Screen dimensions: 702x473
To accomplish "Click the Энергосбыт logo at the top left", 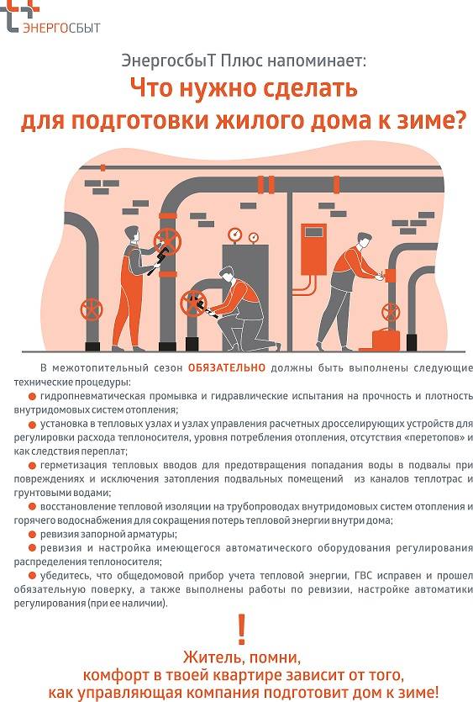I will coord(52,19).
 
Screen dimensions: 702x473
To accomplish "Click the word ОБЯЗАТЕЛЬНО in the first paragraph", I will coord(226,367).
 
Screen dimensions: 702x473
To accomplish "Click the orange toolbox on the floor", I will coord(388,339).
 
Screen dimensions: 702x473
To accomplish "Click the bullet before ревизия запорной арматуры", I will coord(32,535).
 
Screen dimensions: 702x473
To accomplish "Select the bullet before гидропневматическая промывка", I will coord(32,394).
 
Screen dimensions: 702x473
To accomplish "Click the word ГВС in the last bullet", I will coord(332,575).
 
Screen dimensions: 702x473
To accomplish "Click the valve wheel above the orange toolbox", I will coord(388,313).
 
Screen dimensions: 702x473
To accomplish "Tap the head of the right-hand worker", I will coord(361,242).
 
